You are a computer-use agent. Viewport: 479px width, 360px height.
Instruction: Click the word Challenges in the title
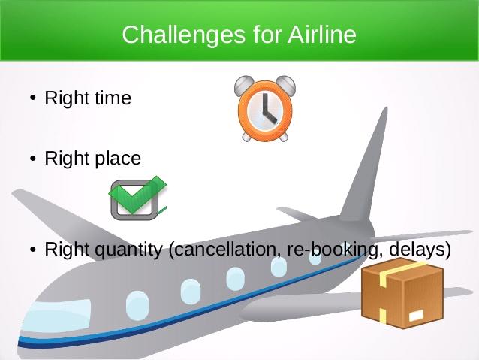(x=183, y=35)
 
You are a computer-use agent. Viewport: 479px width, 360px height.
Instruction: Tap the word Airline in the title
(x=322, y=34)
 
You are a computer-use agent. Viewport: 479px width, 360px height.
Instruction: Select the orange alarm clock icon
(x=265, y=108)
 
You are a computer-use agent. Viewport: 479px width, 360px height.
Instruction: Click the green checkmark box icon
(x=138, y=198)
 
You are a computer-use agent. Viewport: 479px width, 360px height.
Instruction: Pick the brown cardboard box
(x=402, y=293)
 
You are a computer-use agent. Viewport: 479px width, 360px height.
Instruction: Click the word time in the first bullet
(x=113, y=98)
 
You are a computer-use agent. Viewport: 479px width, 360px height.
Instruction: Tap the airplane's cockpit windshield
(x=57, y=316)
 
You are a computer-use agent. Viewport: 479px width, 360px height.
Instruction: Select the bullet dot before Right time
(x=33, y=98)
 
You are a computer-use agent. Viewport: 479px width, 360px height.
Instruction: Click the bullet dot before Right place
(x=33, y=159)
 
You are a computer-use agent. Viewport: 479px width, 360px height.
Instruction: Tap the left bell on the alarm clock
(x=243, y=85)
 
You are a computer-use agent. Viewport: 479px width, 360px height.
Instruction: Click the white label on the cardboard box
(x=416, y=315)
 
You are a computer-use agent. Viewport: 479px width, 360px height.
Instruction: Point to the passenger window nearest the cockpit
(x=138, y=305)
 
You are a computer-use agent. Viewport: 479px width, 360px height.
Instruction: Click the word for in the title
(x=267, y=34)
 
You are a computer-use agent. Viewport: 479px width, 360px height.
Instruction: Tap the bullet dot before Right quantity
(x=33, y=250)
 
